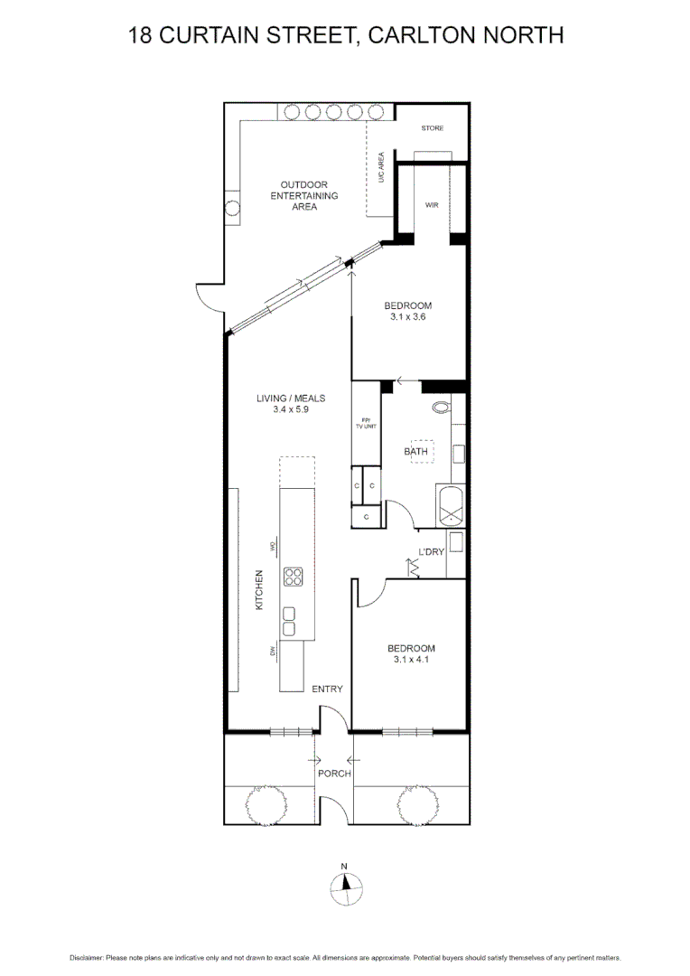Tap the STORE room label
(x=433, y=128)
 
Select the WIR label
(x=432, y=205)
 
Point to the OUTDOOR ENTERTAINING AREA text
(x=303, y=195)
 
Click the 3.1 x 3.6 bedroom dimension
(x=409, y=317)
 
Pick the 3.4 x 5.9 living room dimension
(x=291, y=409)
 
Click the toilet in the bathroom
(x=442, y=408)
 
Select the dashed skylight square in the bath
(x=423, y=453)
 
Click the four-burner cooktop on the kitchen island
(x=294, y=577)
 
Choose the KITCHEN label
(x=259, y=589)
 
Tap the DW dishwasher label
(x=271, y=651)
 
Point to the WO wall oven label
(x=271, y=546)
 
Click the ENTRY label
(x=327, y=690)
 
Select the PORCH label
(x=333, y=774)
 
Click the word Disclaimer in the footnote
(x=87, y=957)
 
